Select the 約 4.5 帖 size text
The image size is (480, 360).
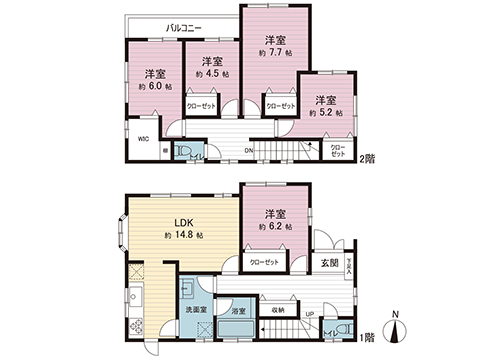[x=212, y=74]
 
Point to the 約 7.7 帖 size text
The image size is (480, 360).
[x=273, y=54]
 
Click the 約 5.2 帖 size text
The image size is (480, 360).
[x=326, y=113]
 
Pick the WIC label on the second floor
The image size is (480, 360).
[x=144, y=140]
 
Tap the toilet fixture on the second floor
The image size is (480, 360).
[x=185, y=152]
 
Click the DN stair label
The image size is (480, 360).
[x=249, y=152]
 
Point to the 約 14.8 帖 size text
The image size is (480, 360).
[x=185, y=235]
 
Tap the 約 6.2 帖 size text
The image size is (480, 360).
[x=275, y=228]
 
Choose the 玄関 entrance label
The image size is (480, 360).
[x=330, y=263]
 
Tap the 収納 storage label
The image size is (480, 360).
[x=277, y=310]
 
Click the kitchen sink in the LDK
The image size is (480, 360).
[x=133, y=297]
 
